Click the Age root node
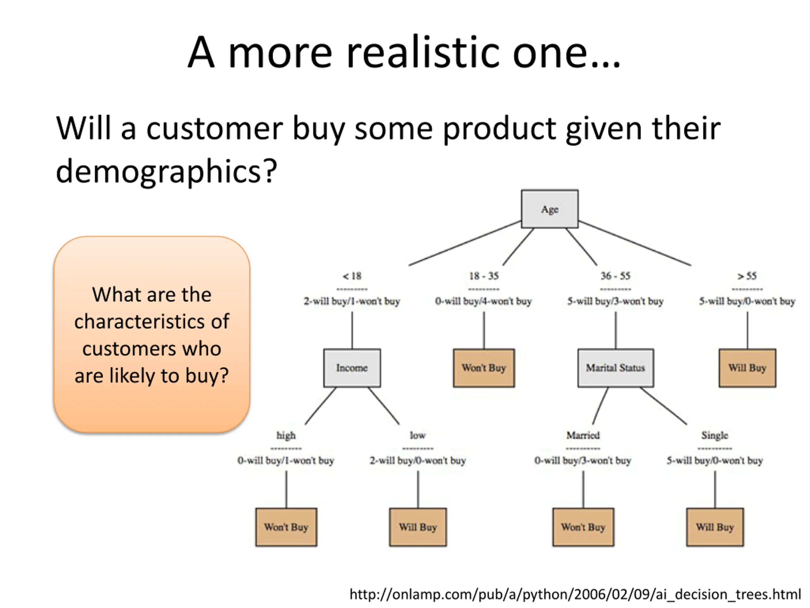[x=549, y=209]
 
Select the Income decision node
[x=352, y=368]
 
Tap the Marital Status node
[x=615, y=368]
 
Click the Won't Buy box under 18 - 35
[x=483, y=368]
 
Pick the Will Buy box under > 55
[x=747, y=368]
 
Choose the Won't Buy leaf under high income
[x=286, y=527]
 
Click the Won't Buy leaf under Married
[x=583, y=527]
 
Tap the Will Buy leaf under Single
[x=715, y=527]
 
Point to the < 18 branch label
[x=352, y=276]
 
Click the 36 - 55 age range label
[x=615, y=276]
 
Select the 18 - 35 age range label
[x=484, y=276]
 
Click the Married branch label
[x=583, y=435]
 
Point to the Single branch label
[x=715, y=435]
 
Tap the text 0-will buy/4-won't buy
[x=483, y=301]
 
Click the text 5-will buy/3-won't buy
[x=615, y=301]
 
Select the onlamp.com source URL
[x=575, y=594]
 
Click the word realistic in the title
[x=423, y=53]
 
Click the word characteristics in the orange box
[x=152, y=322]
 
